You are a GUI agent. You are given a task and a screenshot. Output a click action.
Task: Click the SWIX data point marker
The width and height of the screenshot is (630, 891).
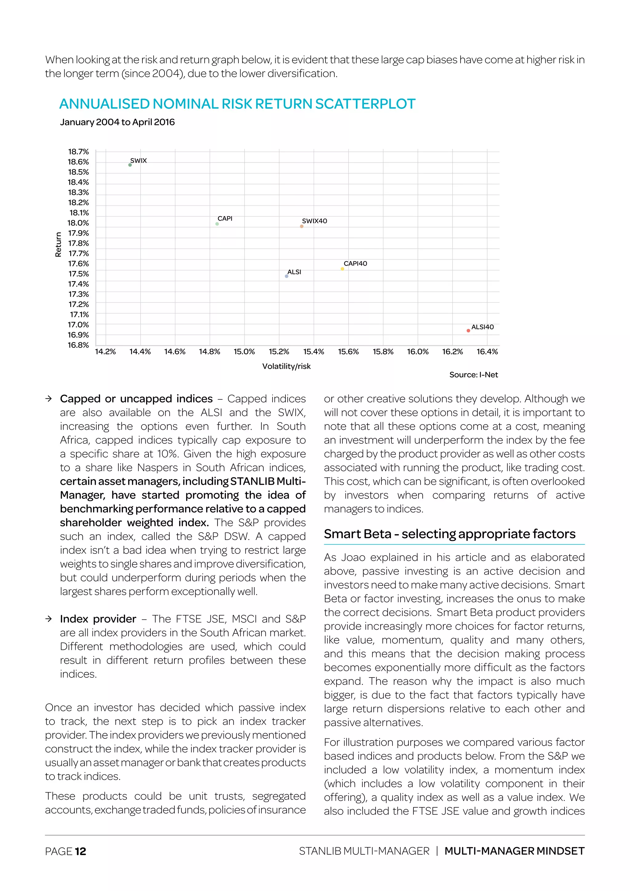tap(130, 165)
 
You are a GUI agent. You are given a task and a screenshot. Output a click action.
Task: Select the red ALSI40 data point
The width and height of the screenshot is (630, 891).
tap(468, 331)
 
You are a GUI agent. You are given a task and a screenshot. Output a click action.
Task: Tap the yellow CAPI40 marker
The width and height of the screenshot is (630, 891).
tap(342, 269)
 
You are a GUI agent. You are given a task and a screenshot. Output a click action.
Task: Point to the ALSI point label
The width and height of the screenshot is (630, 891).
tap(294, 272)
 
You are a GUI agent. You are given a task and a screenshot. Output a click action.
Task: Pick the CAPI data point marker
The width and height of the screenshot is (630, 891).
tap(217, 224)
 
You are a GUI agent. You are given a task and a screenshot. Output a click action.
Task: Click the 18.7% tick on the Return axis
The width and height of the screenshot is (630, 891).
tap(78, 152)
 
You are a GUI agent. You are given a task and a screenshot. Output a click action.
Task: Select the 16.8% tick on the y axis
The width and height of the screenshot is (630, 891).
tap(78, 345)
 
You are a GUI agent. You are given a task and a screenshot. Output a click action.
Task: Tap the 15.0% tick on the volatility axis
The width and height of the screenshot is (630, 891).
tap(244, 352)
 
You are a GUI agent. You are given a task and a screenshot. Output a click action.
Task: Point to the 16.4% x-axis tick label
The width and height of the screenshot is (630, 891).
tap(487, 352)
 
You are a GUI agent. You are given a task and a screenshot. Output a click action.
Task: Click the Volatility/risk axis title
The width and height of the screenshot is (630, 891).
tap(286, 366)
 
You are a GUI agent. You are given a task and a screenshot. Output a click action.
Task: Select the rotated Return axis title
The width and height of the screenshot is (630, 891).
tap(58, 245)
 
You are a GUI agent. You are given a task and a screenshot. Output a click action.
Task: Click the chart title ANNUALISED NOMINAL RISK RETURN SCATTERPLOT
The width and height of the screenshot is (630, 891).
tap(237, 104)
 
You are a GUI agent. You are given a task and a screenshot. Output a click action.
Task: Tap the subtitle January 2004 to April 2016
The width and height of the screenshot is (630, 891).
tap(117, 122)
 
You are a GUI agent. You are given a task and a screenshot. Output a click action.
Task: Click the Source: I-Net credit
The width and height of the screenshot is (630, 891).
tap(473, 375)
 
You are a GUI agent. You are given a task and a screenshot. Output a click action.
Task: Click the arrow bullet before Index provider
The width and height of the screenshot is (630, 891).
tap(49, 619)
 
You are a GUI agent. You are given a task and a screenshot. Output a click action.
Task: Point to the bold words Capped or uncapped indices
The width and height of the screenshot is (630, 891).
tap(136, 399)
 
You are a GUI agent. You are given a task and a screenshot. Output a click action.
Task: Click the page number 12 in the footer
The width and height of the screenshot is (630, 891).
tap(80, 851)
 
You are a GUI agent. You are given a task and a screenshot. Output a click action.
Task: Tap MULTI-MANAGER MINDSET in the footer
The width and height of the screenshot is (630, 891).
tap(514, 851)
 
